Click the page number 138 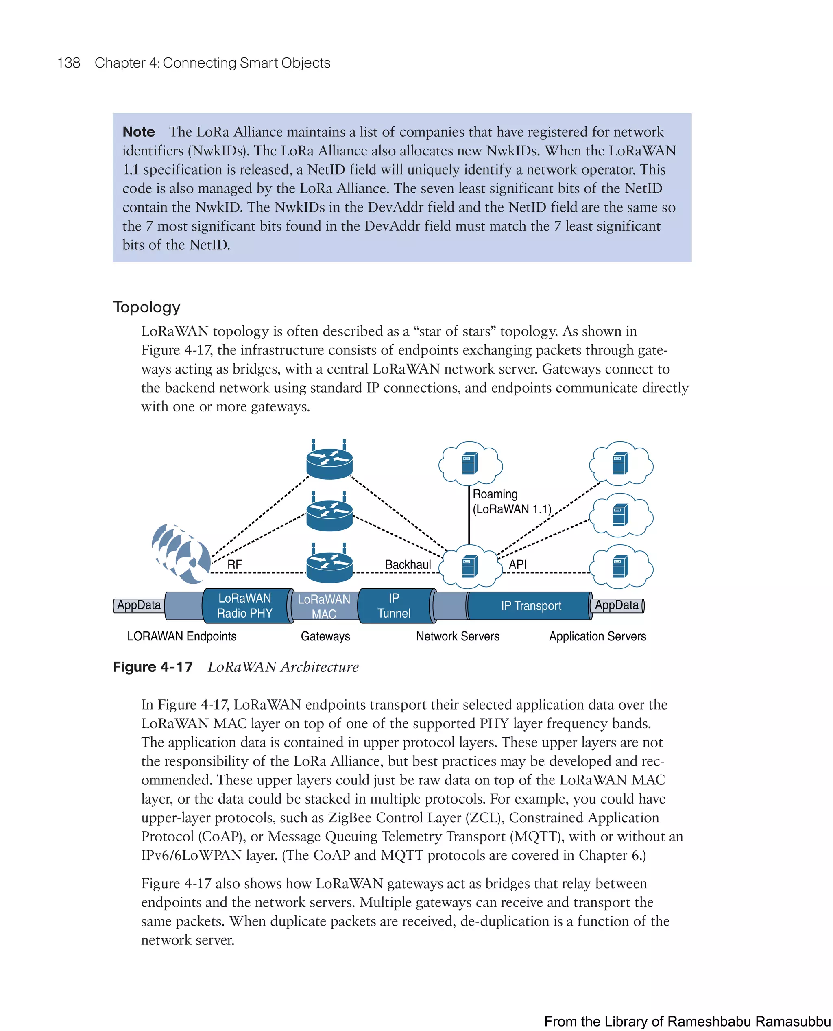click(x=69, y=63)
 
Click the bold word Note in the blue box click(x=139, y=132)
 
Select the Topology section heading click(x=146, y=307)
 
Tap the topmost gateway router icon click(x=329, y=462)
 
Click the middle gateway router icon click(x=329, y=514)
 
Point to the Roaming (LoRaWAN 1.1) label click(x=512, y=501)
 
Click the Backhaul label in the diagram click(x=408, y=564)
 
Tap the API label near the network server click(x=517, y=564)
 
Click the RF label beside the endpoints click(x=234, y=564)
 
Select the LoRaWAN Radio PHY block click(x=245, y=606)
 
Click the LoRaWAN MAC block click(x=324, y=607)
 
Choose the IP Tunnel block click(x=394, y=606)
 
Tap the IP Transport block click(x=531, y=606)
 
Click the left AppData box click(x=139, y=605)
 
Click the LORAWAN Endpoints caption click(x=181, y=636)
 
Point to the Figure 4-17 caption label click(x=153, y=667)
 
